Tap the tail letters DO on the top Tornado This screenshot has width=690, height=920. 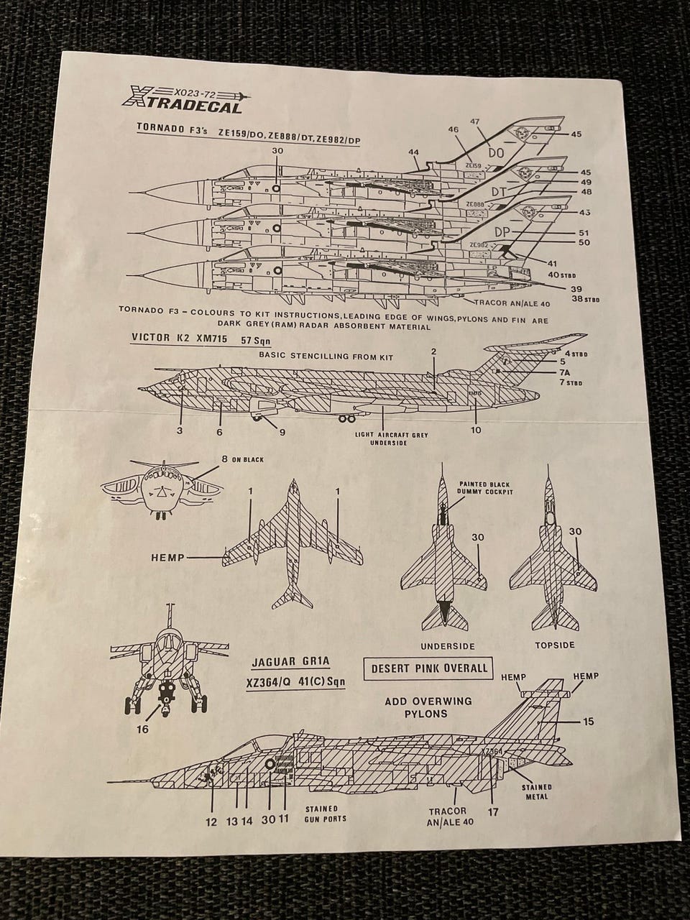pos(496,153)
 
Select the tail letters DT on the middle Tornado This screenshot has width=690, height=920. pos(500,193)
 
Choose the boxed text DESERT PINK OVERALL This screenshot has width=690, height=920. pos(429,668)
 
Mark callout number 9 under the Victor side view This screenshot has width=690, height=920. pos(282,432)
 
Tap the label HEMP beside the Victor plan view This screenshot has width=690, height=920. pos(168,557)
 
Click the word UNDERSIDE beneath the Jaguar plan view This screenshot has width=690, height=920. pos(448,645)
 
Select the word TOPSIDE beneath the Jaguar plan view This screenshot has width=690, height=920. pos(555,645)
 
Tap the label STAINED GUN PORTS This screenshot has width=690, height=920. pos(326,814)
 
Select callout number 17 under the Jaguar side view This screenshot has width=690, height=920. pos(492,812)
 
